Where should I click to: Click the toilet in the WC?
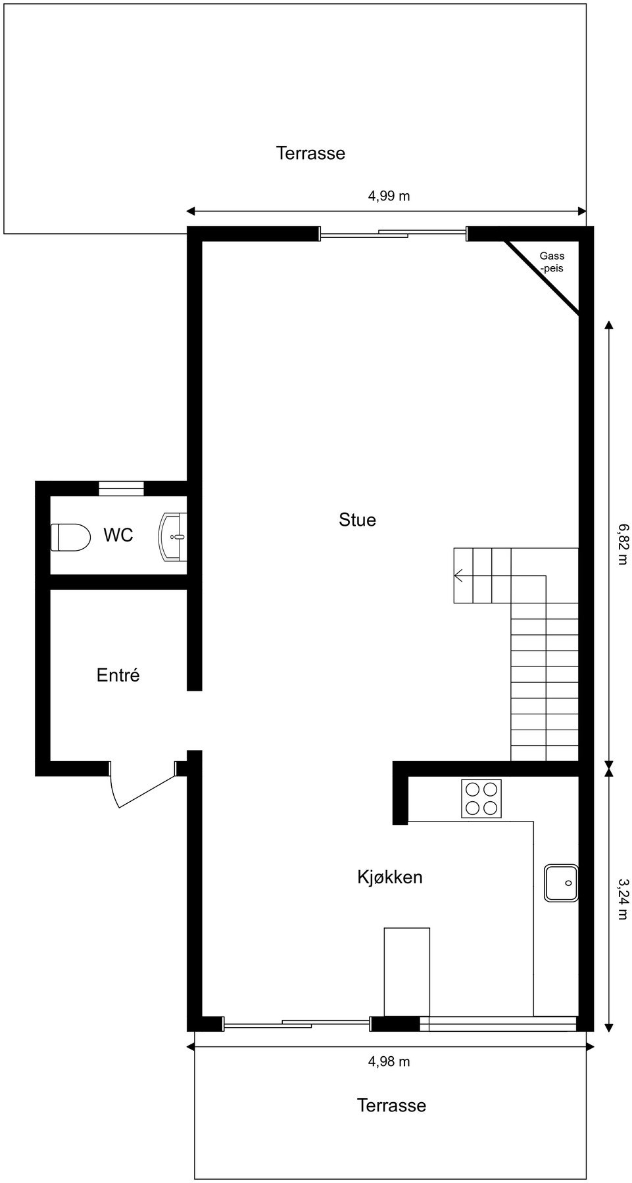[x=70, y=537]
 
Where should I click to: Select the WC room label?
[x=118, y=536]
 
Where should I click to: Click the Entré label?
[x=118, y=675]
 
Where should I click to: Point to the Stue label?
[x=357, y=520]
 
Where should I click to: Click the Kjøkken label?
[x=389, y=877]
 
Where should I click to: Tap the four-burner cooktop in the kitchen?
[x=481, y=799]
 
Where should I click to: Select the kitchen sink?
[x=561, y=883]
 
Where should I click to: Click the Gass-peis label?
[x=552, y=262]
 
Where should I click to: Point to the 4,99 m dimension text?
[x=389, y=196]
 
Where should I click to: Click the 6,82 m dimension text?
[x=622, y=544]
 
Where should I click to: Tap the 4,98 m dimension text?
[x=389, y=1061]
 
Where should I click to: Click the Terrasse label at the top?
[x=310, y=153]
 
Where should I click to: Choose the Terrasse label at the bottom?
[x=391, y=1105]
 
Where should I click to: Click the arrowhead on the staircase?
[x=459, y=576]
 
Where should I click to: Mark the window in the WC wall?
[x=121, y=488]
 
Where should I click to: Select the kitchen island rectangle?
[x=406, y=971]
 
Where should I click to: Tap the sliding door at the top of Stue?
[x=393, y=233]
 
